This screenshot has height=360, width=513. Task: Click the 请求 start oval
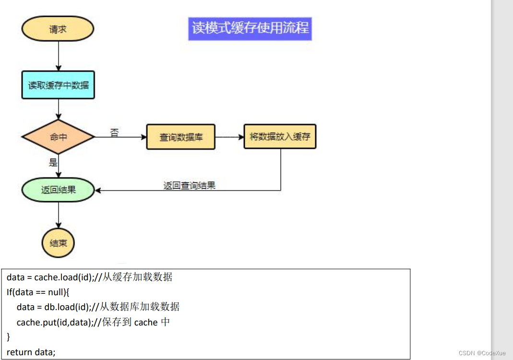click(58, 29)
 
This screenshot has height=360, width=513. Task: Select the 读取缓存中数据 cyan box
click(58, 85)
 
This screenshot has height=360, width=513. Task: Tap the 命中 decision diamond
click(58, 137)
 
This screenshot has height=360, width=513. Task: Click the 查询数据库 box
click(181, 137)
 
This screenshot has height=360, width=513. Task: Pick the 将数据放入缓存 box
click(280, 136)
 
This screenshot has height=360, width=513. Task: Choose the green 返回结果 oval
click(58, 190)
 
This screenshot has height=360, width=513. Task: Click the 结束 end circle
click(58, 242)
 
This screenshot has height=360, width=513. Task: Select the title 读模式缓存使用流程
click(250, 28)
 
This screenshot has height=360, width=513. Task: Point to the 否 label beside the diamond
click(114, 132)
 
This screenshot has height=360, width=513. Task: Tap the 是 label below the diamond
click(53, 162)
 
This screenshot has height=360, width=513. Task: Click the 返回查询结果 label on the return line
click(189, 185)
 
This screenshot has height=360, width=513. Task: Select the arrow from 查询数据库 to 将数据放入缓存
click(229, 137)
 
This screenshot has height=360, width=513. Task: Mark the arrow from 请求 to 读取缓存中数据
click(58, 56)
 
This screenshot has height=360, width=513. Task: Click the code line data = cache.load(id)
click(89, 277)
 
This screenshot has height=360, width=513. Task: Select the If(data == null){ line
click(38, 292)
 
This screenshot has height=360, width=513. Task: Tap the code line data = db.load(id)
click(98, 307)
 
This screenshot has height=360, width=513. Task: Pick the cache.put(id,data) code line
click(93, 322)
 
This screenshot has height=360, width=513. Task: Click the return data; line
click(31, 352)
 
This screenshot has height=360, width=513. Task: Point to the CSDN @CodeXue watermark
click(482, 353)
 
